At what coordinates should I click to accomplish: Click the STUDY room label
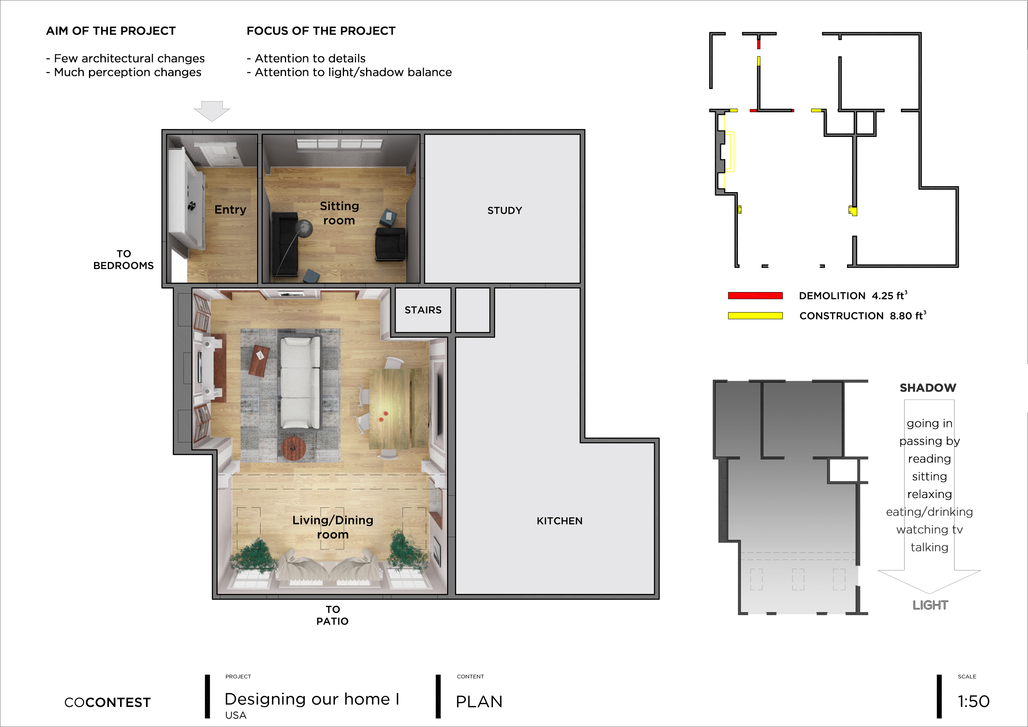point(505,211)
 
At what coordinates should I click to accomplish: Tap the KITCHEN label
point(560,521)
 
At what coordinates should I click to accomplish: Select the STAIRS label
point(423,310)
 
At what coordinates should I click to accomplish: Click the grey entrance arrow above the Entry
point(212,111)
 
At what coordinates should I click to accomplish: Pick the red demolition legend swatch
point(755,296)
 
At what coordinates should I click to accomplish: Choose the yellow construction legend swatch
point(755,316)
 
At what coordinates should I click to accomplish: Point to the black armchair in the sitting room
point(390,244)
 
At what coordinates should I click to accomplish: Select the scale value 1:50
point(973,701)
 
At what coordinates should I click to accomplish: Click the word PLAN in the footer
point(479,701)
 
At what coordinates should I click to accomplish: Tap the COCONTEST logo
point(107,702)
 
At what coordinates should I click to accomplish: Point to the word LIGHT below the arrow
point(930,605)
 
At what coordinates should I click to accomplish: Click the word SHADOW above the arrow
point(928,388)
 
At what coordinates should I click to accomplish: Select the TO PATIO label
point(332,615)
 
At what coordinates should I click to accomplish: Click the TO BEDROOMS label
point(124,260)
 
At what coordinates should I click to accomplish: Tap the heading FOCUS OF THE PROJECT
point(321,31)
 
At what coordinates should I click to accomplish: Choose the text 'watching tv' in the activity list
point(930,529)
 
